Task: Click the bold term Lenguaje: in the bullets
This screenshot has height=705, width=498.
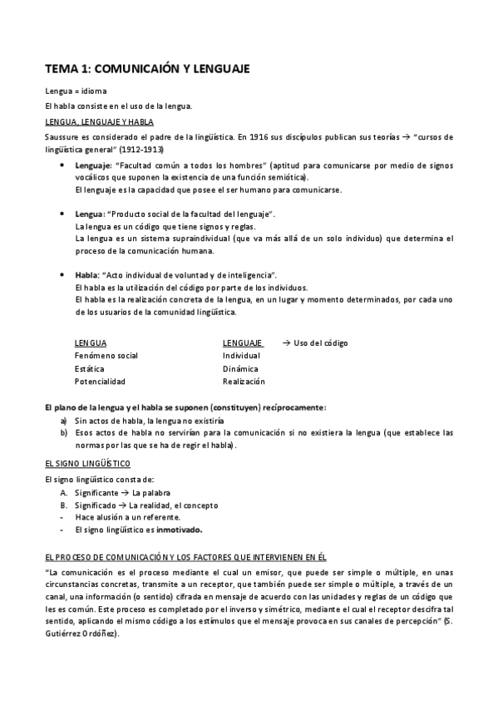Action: [x=96, y=165]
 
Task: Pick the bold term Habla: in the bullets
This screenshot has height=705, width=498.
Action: [x=87, y=274]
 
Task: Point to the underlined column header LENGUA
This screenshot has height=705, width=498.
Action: [x=90, y=343]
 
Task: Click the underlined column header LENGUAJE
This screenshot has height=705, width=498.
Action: [x=242, y=343]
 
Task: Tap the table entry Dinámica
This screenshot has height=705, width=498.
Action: [x=240, y=368]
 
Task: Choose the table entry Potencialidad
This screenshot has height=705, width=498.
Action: [x=100, y=382]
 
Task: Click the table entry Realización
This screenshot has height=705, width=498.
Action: [x=244, y=382]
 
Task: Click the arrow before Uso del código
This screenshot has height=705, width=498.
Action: [x=286, y=343]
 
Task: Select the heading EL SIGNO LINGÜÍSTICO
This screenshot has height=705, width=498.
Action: [x=88, y=462]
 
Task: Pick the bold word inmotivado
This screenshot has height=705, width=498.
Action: [x=180, y=530]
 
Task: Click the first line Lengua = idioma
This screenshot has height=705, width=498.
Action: [x=76, y=91]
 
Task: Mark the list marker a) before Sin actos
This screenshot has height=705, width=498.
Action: [x=64, y=421]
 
